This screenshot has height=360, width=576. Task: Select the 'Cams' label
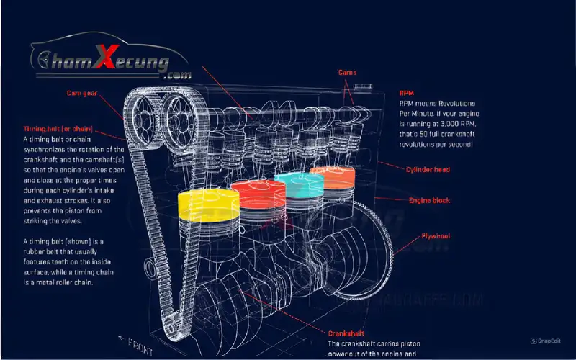point(348,73)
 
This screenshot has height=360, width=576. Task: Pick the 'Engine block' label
point(430,200)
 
